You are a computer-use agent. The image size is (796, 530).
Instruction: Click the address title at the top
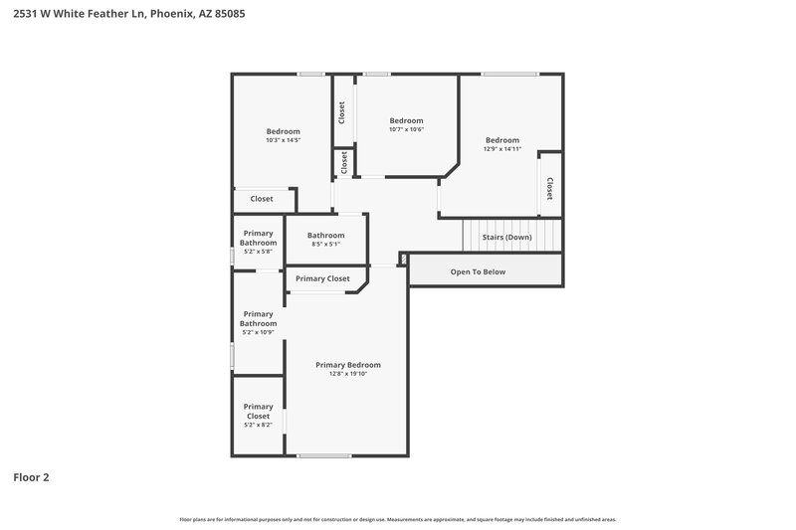click(123, 14)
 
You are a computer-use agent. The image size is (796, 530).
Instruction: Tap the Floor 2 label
click(31, 477)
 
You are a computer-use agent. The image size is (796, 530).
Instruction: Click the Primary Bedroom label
click(347, 365)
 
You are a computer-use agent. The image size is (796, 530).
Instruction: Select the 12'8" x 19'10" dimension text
click(347, 375)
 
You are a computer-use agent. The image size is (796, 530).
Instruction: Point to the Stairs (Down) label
click(506, 237)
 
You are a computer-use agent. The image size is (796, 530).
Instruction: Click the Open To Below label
click(478, 271)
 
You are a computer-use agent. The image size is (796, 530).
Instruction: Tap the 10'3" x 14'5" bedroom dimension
click(283, 141)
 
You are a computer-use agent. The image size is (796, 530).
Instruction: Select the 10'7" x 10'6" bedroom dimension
click(406, 129)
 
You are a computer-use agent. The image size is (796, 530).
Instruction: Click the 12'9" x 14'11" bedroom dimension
click(502, 149)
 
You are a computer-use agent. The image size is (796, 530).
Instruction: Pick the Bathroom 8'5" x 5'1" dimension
click(325, 245)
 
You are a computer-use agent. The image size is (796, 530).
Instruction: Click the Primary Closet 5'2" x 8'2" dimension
click(258, 425)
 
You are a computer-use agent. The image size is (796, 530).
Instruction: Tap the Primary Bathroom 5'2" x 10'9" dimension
click(258, 332)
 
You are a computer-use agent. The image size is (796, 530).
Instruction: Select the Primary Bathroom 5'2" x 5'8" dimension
click(258, 252)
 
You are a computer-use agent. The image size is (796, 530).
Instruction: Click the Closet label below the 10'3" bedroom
click(262, 199)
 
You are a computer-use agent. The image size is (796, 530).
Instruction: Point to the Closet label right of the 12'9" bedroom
click(548, 188)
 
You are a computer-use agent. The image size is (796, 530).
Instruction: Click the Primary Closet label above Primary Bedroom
click(322, 278)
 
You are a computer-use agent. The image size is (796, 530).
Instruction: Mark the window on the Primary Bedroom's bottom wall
click(324, 455)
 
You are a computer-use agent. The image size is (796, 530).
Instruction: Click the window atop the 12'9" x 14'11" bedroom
click(509, 74)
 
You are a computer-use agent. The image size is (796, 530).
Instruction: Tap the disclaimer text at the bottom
click(398, 519)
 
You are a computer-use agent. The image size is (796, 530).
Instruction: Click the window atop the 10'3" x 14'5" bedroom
click(311, 74)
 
